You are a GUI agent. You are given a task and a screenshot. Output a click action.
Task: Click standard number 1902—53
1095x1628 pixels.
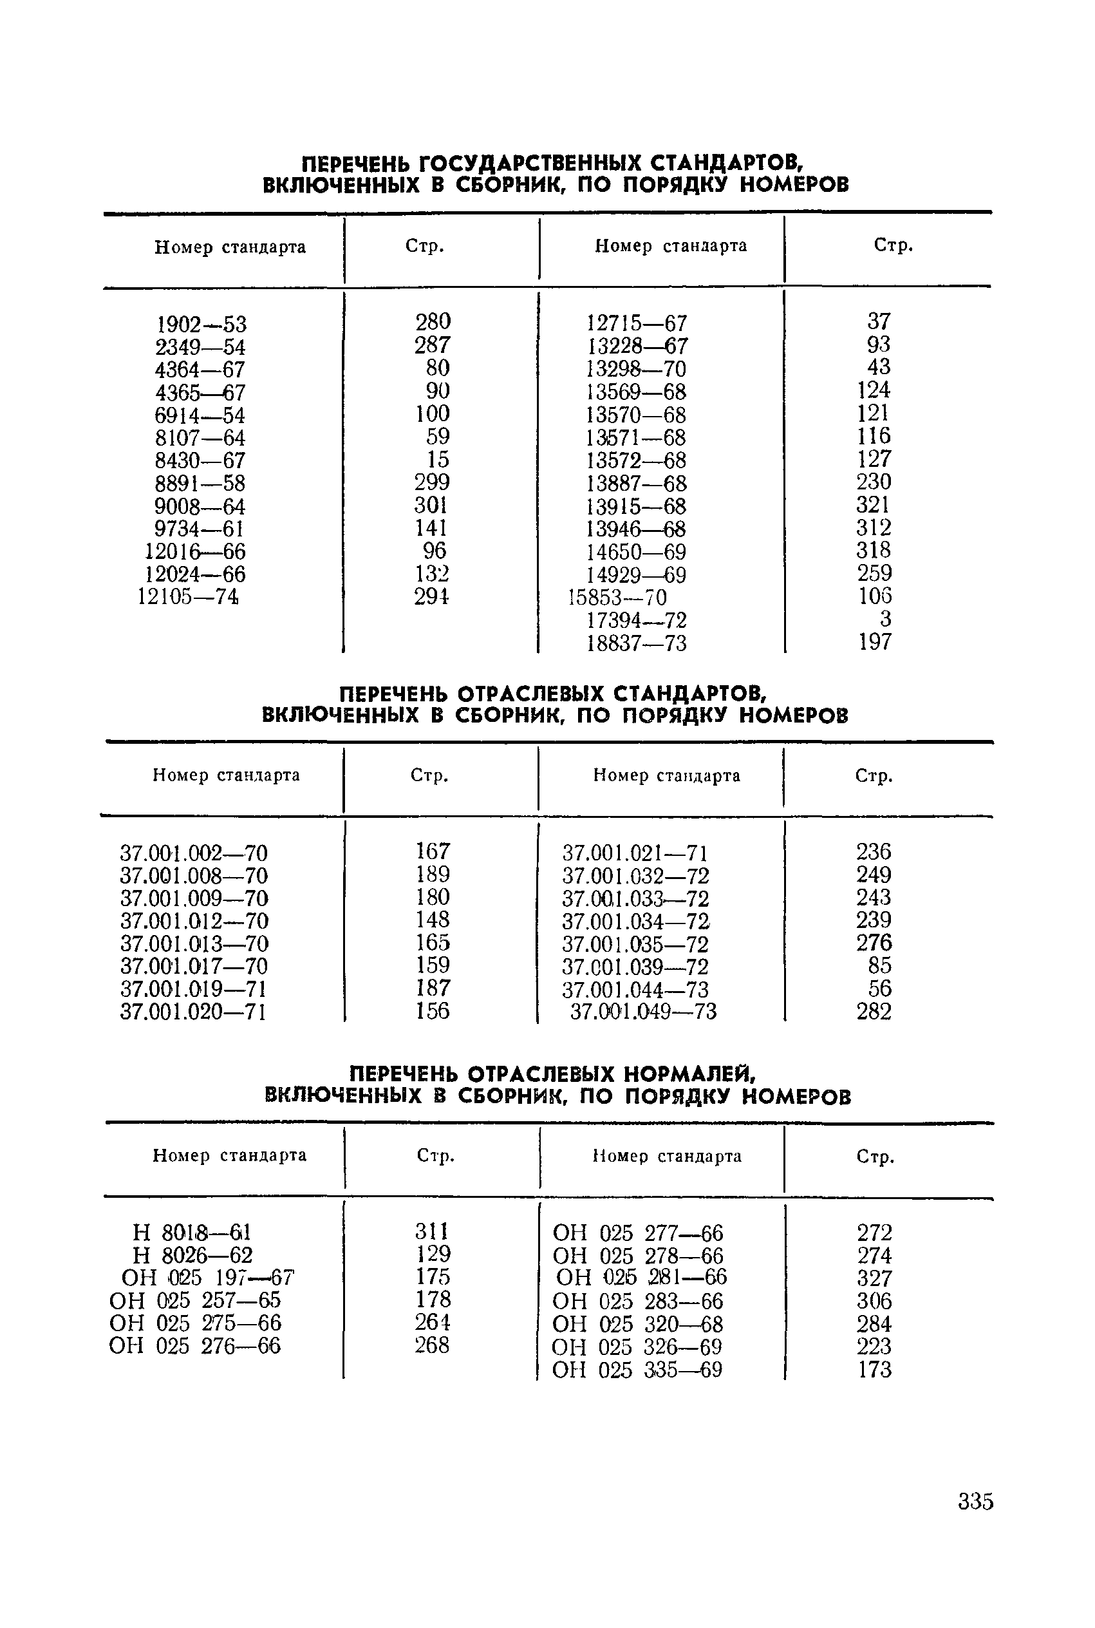[200, 325]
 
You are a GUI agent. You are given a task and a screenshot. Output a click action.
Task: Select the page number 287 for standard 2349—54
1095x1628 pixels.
[433, 345]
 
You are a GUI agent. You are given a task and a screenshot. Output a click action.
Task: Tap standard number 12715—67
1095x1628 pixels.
[636, 323]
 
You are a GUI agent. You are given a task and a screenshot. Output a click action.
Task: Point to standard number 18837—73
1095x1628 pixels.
[636, 643]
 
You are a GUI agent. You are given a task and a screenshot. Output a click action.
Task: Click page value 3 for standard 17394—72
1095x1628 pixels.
[886, 619]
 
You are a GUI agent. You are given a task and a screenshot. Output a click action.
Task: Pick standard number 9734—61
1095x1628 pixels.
[199, 529]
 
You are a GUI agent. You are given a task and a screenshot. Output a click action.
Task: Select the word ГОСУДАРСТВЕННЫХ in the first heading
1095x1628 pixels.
[529, 164]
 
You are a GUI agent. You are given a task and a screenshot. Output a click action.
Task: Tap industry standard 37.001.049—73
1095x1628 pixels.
[643, 1012]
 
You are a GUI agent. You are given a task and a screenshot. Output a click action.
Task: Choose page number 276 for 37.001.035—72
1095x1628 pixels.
[874, 943]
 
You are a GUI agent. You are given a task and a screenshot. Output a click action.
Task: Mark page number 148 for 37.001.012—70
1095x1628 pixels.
[433, 920]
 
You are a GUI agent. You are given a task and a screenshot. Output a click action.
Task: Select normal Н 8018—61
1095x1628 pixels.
[192, 1232]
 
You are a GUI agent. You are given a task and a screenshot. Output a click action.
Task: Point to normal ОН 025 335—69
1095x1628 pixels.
[636, 1370]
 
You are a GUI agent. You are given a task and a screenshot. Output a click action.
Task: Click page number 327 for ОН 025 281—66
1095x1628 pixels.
[874, 1278]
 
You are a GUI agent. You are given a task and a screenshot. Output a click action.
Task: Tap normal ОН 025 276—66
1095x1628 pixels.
[195, 1346]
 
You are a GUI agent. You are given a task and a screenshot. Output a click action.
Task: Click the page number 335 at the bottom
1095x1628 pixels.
[975, 1502]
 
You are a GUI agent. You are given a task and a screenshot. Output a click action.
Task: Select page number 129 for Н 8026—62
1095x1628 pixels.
[433, 1254]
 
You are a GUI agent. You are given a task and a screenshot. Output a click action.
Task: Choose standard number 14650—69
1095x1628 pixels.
[636, 553]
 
